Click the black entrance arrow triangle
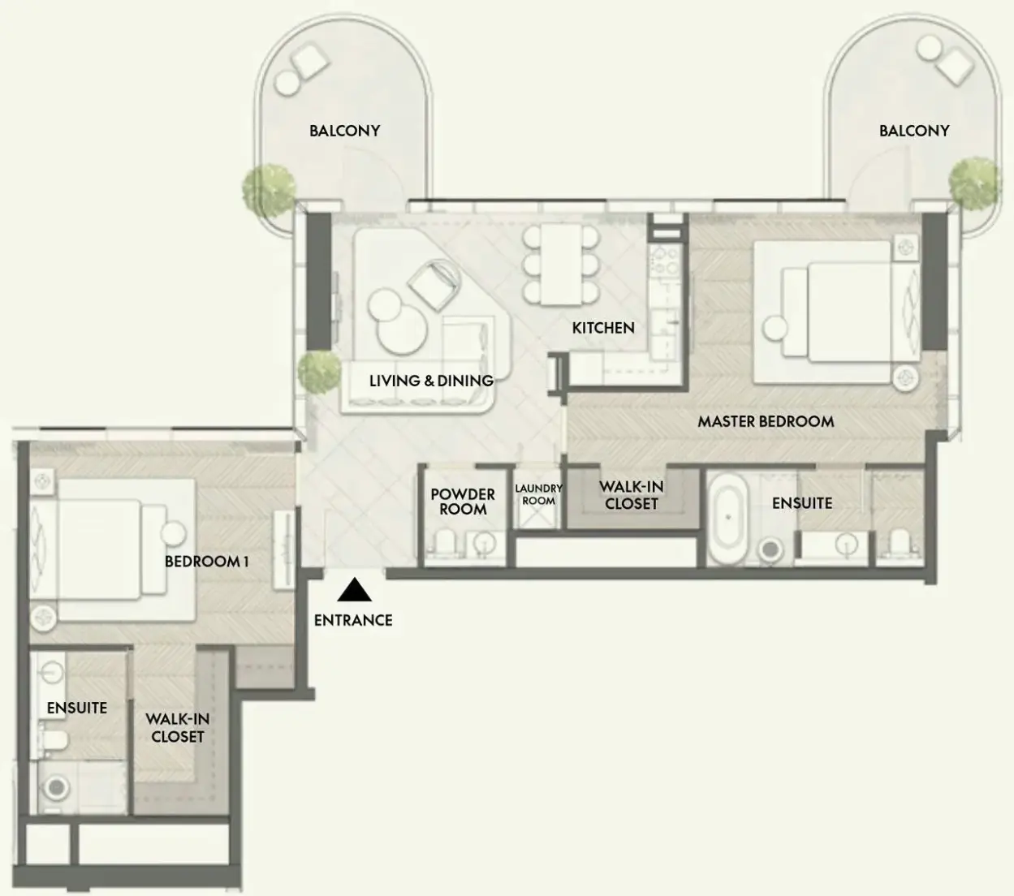tap(354, 589)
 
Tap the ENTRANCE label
tap(353, 620)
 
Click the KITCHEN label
tap(603, 328)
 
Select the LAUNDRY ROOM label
tap(538, 494)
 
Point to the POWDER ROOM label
tap(463, 502)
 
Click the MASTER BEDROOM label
tap(766, 421)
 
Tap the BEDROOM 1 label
tap(207, 562)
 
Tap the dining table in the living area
tap(561, 264)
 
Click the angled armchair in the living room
tap(434, 284)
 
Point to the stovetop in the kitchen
tap(665, 261)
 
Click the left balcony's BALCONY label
tap(345, 131)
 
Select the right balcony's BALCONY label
tap(914, 131)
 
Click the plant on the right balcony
tap(974, 183)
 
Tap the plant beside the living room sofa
tap(319, 371)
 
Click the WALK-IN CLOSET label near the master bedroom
tap(631, 495)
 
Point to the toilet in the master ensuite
tap(900, 542)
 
